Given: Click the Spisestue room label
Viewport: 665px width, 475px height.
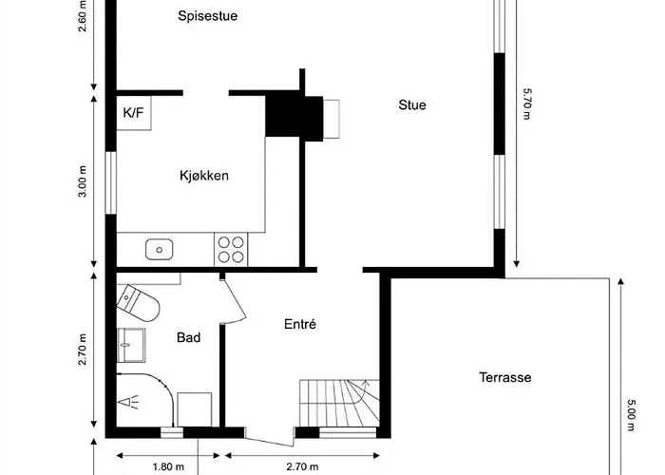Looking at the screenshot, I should (206, 15).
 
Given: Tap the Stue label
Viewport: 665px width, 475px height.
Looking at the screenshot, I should (411, 104).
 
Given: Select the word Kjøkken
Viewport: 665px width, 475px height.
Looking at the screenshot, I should (204, 176).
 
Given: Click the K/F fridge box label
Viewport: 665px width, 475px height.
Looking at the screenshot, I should (134, 112).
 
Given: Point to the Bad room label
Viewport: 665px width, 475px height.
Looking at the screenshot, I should (188, 337).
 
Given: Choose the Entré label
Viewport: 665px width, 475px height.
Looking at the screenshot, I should (299, 324).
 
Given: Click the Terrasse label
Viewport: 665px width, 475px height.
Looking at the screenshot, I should (504, 377).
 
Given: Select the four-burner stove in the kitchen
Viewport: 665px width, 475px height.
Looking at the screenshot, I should (230, 249).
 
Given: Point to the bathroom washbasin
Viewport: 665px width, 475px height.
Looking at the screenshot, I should (131, 343).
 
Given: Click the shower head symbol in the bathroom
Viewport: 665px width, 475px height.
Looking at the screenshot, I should (126, 402).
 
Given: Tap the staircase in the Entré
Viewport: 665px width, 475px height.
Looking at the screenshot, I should (338, 403).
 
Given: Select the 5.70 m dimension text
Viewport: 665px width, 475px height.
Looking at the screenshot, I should (526, 104).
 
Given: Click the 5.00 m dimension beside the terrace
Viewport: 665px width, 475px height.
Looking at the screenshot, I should (630, 414).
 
